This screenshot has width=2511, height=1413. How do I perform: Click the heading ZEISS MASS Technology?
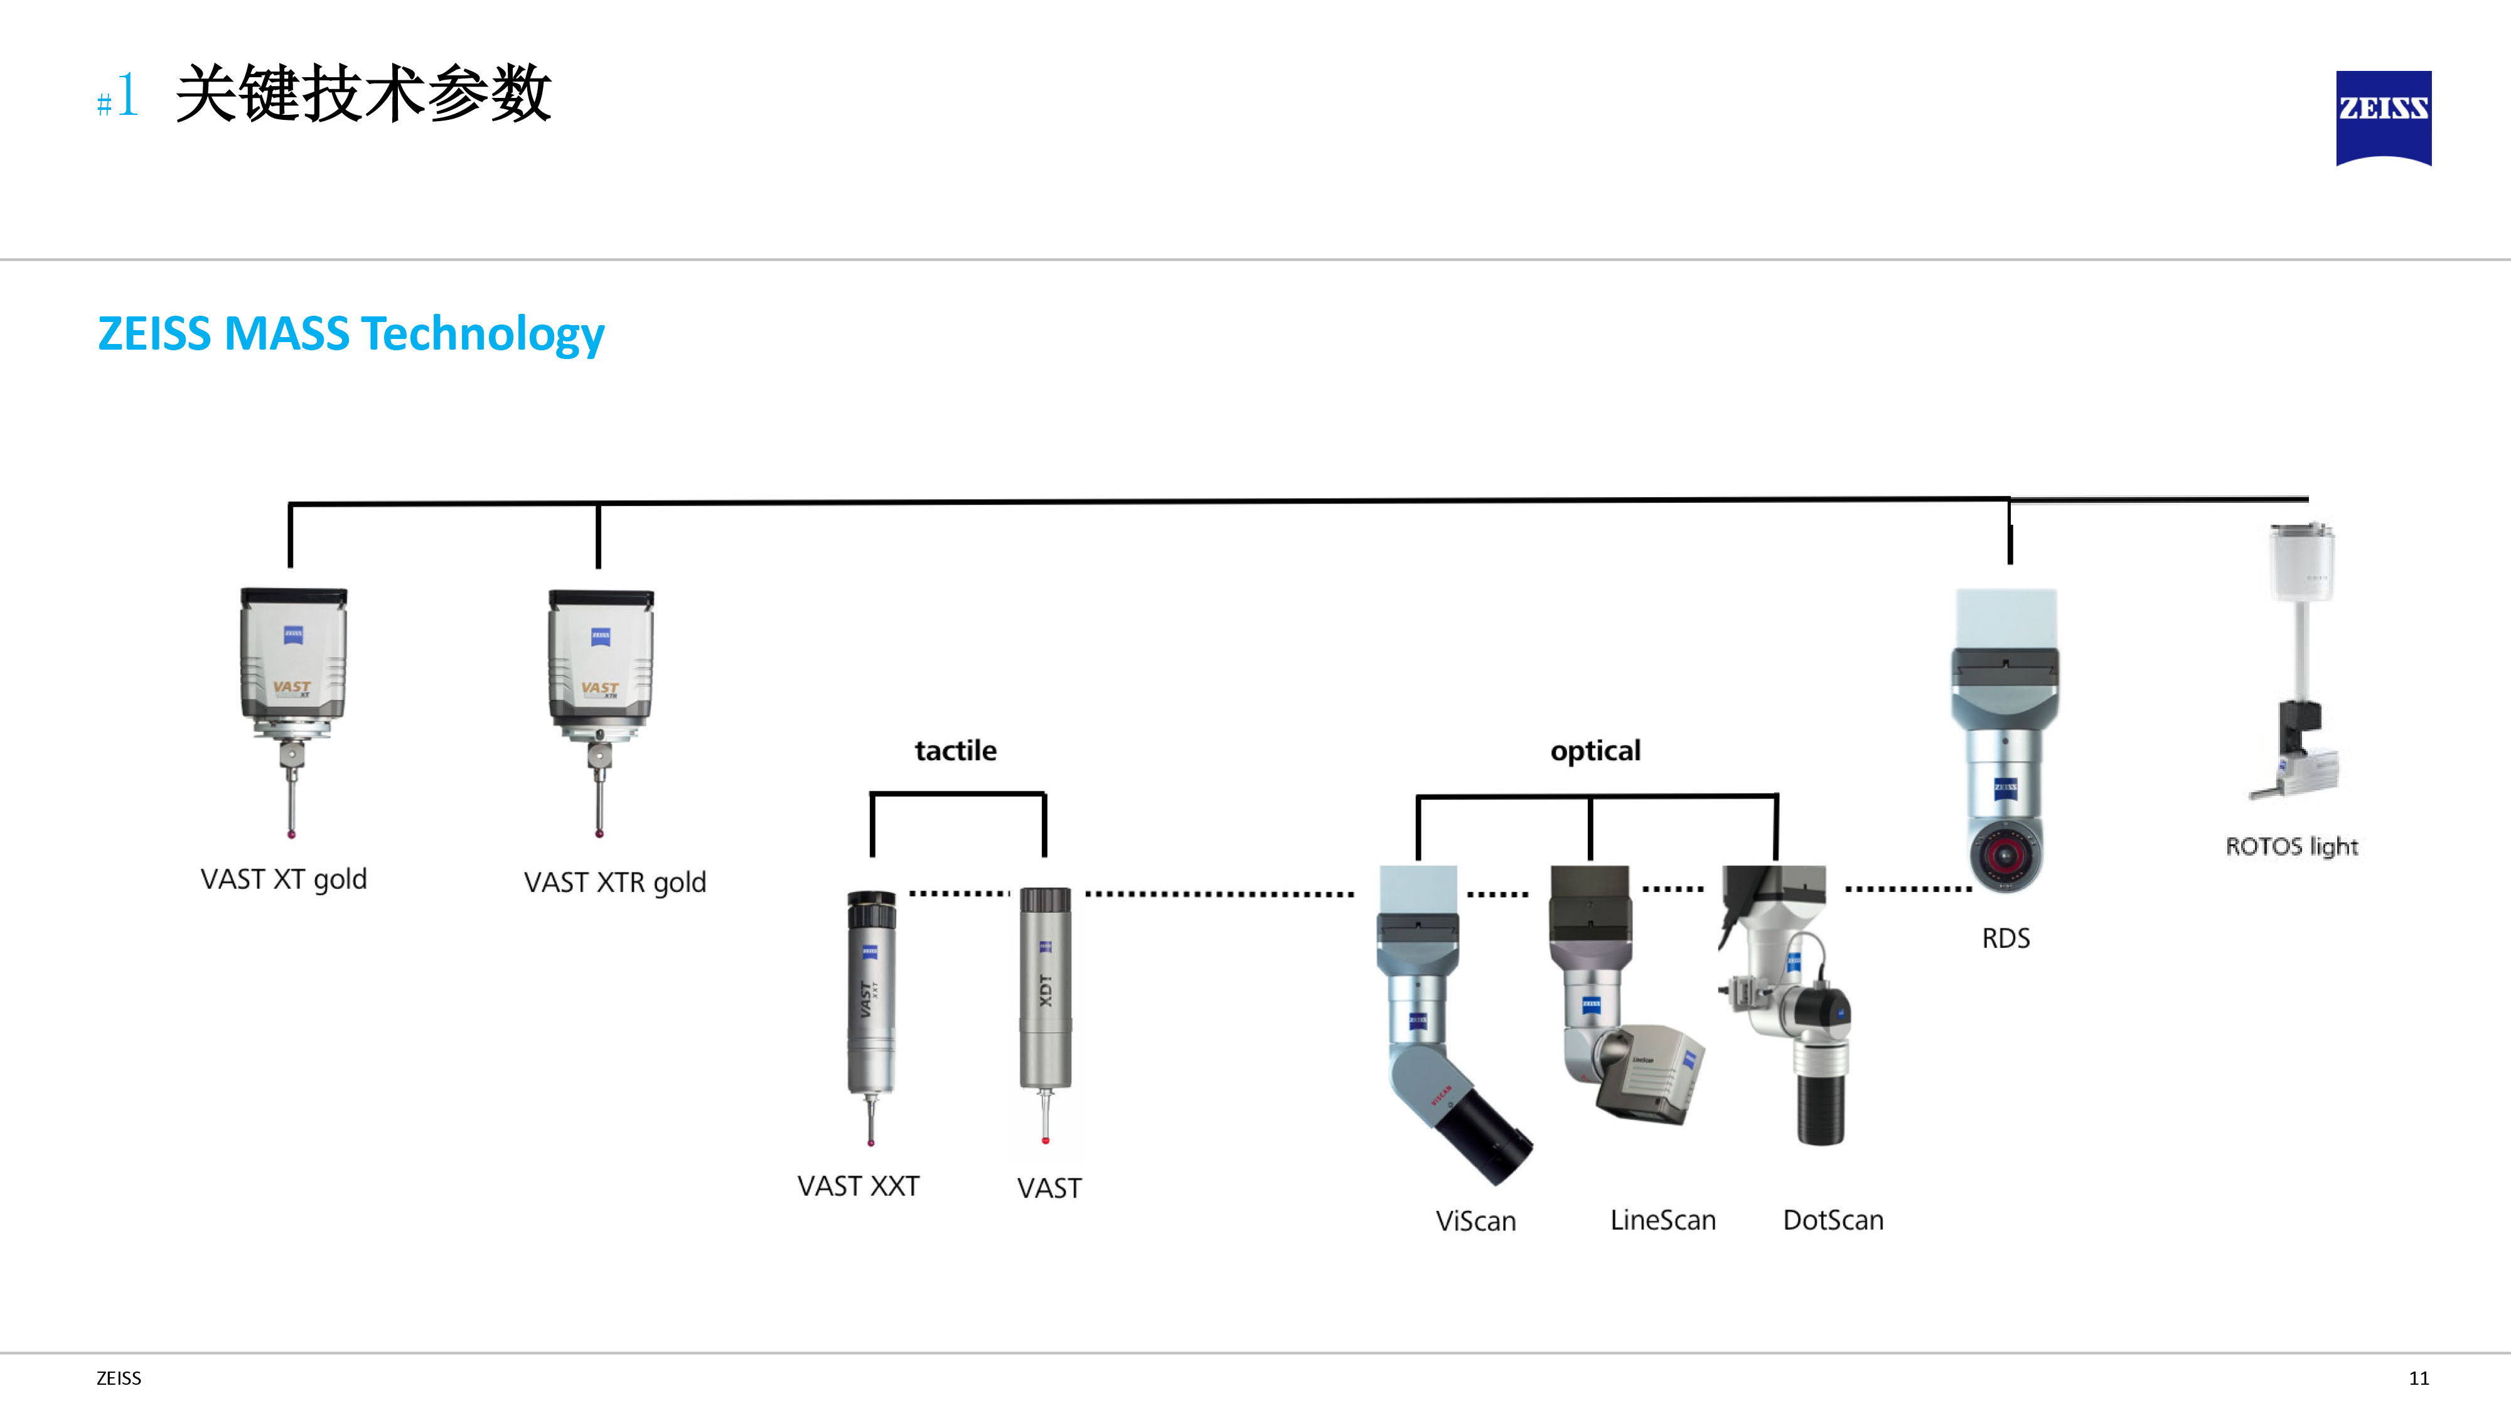[x=351, y=333]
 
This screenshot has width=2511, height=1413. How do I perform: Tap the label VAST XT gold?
[x=284, y=879]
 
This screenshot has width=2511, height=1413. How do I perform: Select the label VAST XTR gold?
[x=614, y=881]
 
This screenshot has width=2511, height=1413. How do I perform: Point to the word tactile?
[x=955, y=750]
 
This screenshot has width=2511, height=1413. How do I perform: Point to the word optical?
[x=1595, y=750]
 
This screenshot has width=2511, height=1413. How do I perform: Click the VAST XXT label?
[x=858, y=1186]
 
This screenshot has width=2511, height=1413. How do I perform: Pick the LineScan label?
[x=1662, y=1220]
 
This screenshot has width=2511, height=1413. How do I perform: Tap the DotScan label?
[x=1833, y=1220]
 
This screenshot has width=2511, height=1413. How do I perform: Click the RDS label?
[x=2005, y=938]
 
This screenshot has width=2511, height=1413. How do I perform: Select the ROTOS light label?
[x=2291, y=846]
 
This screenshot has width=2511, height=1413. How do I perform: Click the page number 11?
[x=2418, y=1378]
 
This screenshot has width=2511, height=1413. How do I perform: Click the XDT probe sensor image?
[x=1045, y=1004]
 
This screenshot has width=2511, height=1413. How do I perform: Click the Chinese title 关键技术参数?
[x=363, y=95]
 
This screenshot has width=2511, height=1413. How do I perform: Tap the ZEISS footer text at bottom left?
[x=118, y=1378]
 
